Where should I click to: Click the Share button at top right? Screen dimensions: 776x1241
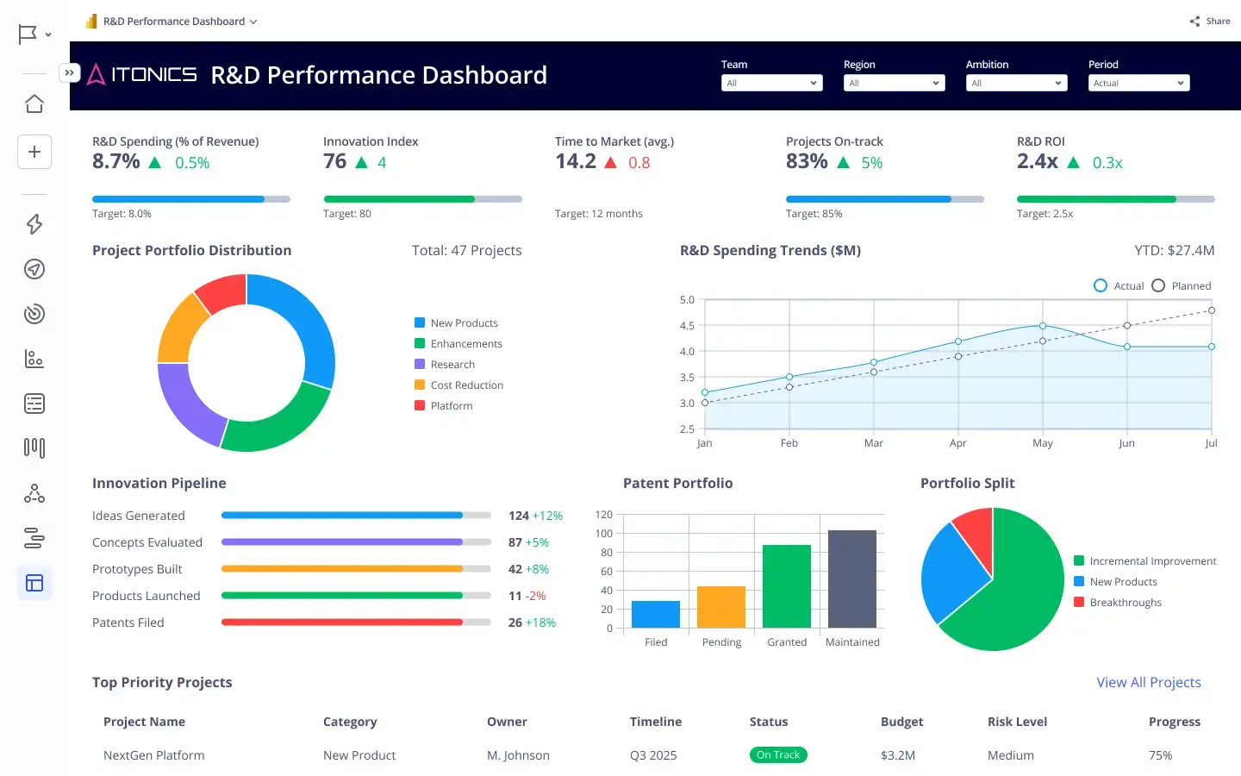pyautogui.click(x=1210, y=21)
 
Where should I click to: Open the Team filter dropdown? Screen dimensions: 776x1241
pyautogui.click(x=771, y=83)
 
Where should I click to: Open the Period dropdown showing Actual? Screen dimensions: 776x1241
pyautogui.click(x=1138, y=83)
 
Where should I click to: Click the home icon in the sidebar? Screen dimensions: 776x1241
pyautogui.click(x=34, y=104)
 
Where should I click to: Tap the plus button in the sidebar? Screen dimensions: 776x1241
pyautogui.click(x=34, y=152)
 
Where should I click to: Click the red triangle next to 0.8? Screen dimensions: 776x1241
pyautogui.click(x=610, y=163)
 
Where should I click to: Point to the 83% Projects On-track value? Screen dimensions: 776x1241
pyautogui.click(x=806, y=161)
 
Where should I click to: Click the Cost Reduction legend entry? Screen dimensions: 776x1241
pyautogui.click(x=466, y=385)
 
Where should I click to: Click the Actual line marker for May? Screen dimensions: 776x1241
pyautogui.click(x=1042, y=326)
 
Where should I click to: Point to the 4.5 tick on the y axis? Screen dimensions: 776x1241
pyautogui.click(x=687, y=326)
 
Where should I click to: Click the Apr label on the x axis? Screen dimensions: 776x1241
pyautogui.click(x=957, y=443)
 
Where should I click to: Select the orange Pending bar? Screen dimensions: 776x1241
pyautogui.click(x=720, y=607)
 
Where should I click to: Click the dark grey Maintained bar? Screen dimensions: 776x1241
pyautogui.click(x=851, y=579)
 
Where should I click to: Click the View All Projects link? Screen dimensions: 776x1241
pyautogui.click(x=1148, y=682)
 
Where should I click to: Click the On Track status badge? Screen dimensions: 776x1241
pyautogui.click(x=777, y=755)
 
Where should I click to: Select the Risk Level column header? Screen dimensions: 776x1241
pyautogui.click(x=1017, y=722)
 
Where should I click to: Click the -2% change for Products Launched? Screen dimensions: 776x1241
pyautogui.click(x=535, y=596)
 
